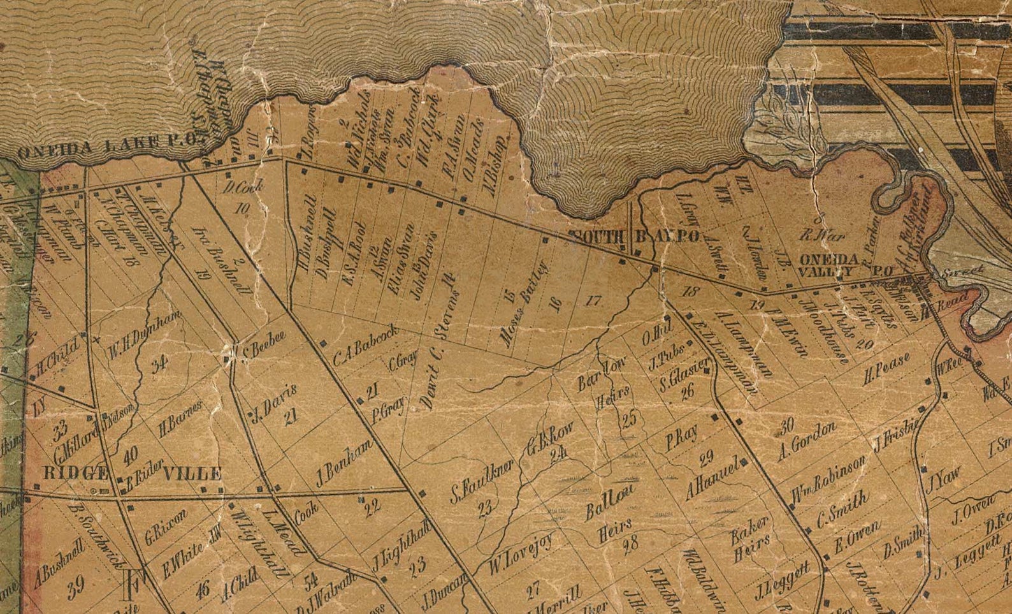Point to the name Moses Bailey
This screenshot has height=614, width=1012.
click(523, 305)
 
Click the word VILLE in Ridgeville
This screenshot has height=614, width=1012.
click(192, 473)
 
